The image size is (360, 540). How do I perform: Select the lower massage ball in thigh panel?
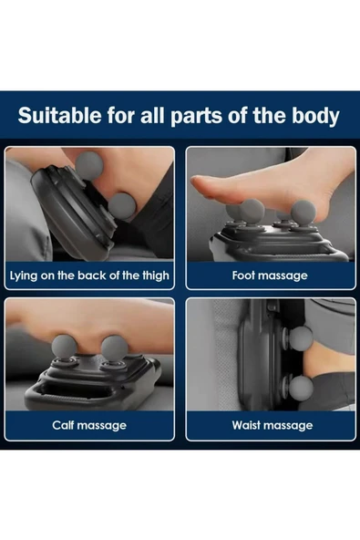[x=126, y=206]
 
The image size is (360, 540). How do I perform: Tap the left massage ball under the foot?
[x=240, y=213]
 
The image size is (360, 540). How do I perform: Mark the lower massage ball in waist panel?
[x=300, y=387]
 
